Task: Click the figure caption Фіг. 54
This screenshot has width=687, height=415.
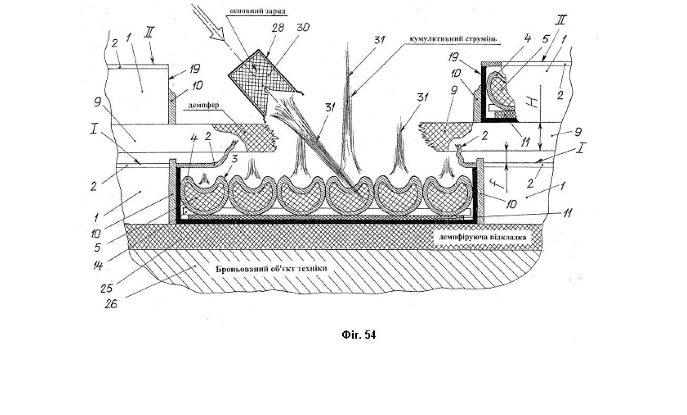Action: (359, 335)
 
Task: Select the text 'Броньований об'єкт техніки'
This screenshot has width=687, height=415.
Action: (271, 269)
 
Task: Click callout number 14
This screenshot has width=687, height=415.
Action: (97, 266)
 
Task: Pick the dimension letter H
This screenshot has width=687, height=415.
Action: (533, 103)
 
